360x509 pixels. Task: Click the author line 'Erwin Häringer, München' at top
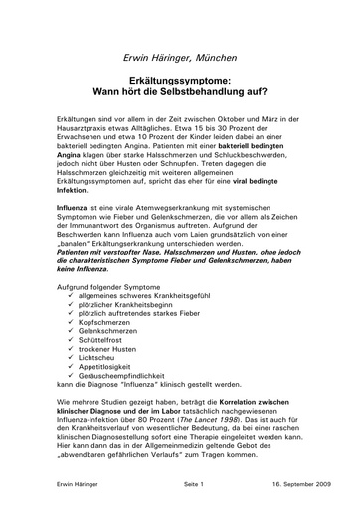[180, 62]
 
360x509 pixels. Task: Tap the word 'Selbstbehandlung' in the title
[207, 100]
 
